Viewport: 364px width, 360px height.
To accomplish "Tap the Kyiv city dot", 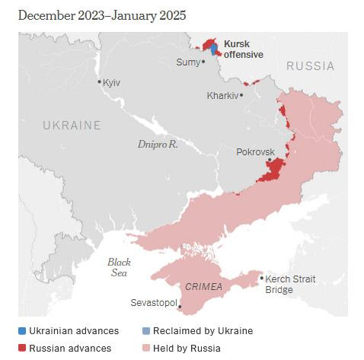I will pos(99,82).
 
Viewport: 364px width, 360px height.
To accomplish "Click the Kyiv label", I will pos(112,82).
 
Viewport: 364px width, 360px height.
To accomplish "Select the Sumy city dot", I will pos(203,62).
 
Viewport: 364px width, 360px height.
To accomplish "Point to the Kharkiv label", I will pos(222,96).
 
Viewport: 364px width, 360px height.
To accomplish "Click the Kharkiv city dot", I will pos(241,95).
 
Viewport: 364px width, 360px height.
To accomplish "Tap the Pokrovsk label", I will pos(255,151).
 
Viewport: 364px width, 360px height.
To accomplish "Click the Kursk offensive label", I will pos(243,49).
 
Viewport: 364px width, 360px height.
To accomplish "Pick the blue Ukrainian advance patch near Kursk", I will pos(213,48).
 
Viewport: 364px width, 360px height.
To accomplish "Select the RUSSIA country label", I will pos(310,66).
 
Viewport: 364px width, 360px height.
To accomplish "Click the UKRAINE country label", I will pos(72,125).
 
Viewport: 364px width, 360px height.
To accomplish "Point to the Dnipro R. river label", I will pos(158,143).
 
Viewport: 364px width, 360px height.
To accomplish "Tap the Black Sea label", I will pos(118,267).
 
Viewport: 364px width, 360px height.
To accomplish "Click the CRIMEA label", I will pos(203,286).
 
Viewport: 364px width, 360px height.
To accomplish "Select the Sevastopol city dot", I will pos(180,307).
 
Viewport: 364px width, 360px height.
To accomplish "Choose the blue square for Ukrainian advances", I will pos(22,331).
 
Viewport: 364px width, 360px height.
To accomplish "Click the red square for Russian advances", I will pos(22,349).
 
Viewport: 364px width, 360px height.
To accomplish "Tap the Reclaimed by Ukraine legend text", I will pos(202,331).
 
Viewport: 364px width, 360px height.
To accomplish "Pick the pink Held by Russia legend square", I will pos(146,349).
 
